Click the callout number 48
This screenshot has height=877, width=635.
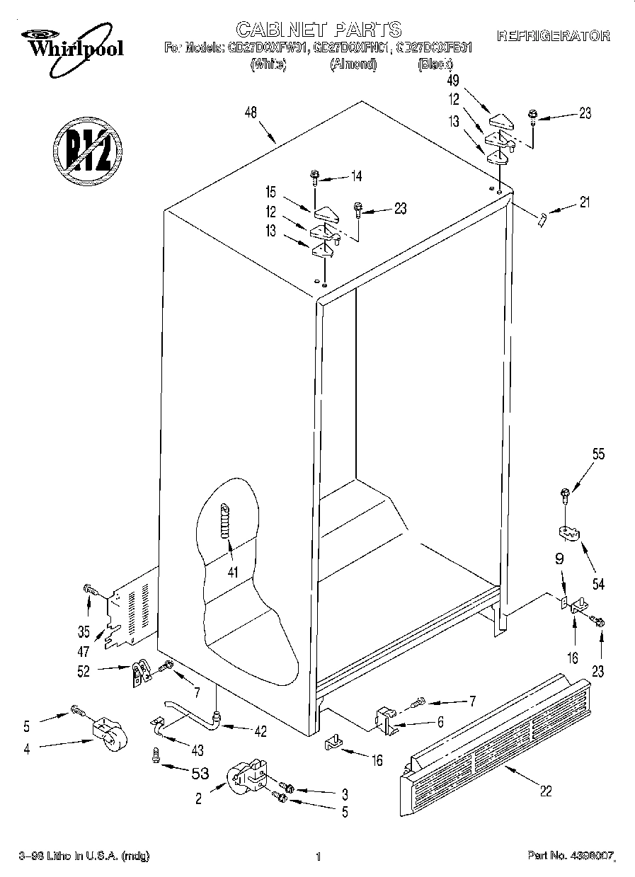[x=250, y=113]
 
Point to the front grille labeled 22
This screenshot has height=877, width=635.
[x=496, y=736]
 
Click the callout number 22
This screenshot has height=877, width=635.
[x=545, y=791]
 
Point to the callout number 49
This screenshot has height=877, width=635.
[x=454, y=81]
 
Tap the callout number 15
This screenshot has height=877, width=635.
[x=270, y=193]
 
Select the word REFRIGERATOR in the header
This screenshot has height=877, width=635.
[x=554, y=35]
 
